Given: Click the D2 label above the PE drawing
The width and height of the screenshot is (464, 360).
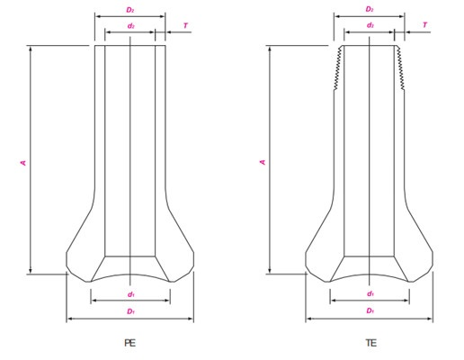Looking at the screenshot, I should tap(130, 10).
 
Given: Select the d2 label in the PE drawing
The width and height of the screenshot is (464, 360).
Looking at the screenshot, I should tap(130, 26).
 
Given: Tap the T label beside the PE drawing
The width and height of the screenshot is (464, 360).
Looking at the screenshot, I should tap(186, 25).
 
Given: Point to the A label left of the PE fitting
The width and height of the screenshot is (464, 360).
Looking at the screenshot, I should tap(23, 162).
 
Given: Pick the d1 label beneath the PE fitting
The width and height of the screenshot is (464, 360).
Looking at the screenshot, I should tap(130, 294).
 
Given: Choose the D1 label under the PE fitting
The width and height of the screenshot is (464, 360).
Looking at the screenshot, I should tap(130, 311).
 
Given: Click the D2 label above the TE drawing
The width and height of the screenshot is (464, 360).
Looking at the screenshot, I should tap(370, 10).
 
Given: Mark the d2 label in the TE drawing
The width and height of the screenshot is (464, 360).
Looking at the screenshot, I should tap(370, 26).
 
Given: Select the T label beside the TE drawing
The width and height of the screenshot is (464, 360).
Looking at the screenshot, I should tap(425, 25).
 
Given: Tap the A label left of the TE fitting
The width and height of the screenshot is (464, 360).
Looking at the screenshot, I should tap(263, 162).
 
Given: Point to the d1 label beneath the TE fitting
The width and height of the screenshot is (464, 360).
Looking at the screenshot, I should tap(370, 294).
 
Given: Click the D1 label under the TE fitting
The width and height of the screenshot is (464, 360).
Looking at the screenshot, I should tap(370, 311).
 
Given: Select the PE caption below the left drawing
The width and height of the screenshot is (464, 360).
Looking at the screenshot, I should tap(129, 343).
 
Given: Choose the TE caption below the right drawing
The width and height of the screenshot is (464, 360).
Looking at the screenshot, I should tap(370, 343).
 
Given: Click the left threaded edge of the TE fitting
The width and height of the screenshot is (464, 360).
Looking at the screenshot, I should tap(338, 67).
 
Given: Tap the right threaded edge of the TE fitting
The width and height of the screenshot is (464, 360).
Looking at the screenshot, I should tap(400, 67).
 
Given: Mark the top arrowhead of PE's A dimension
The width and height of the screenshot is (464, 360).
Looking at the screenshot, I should tap(31, 49).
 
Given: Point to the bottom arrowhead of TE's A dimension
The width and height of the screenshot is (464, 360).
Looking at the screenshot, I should tap(270, 270).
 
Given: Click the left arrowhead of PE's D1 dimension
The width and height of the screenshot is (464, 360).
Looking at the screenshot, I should tap(69, 319).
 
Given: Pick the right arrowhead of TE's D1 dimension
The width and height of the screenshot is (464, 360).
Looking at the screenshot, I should tap(430, 319).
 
